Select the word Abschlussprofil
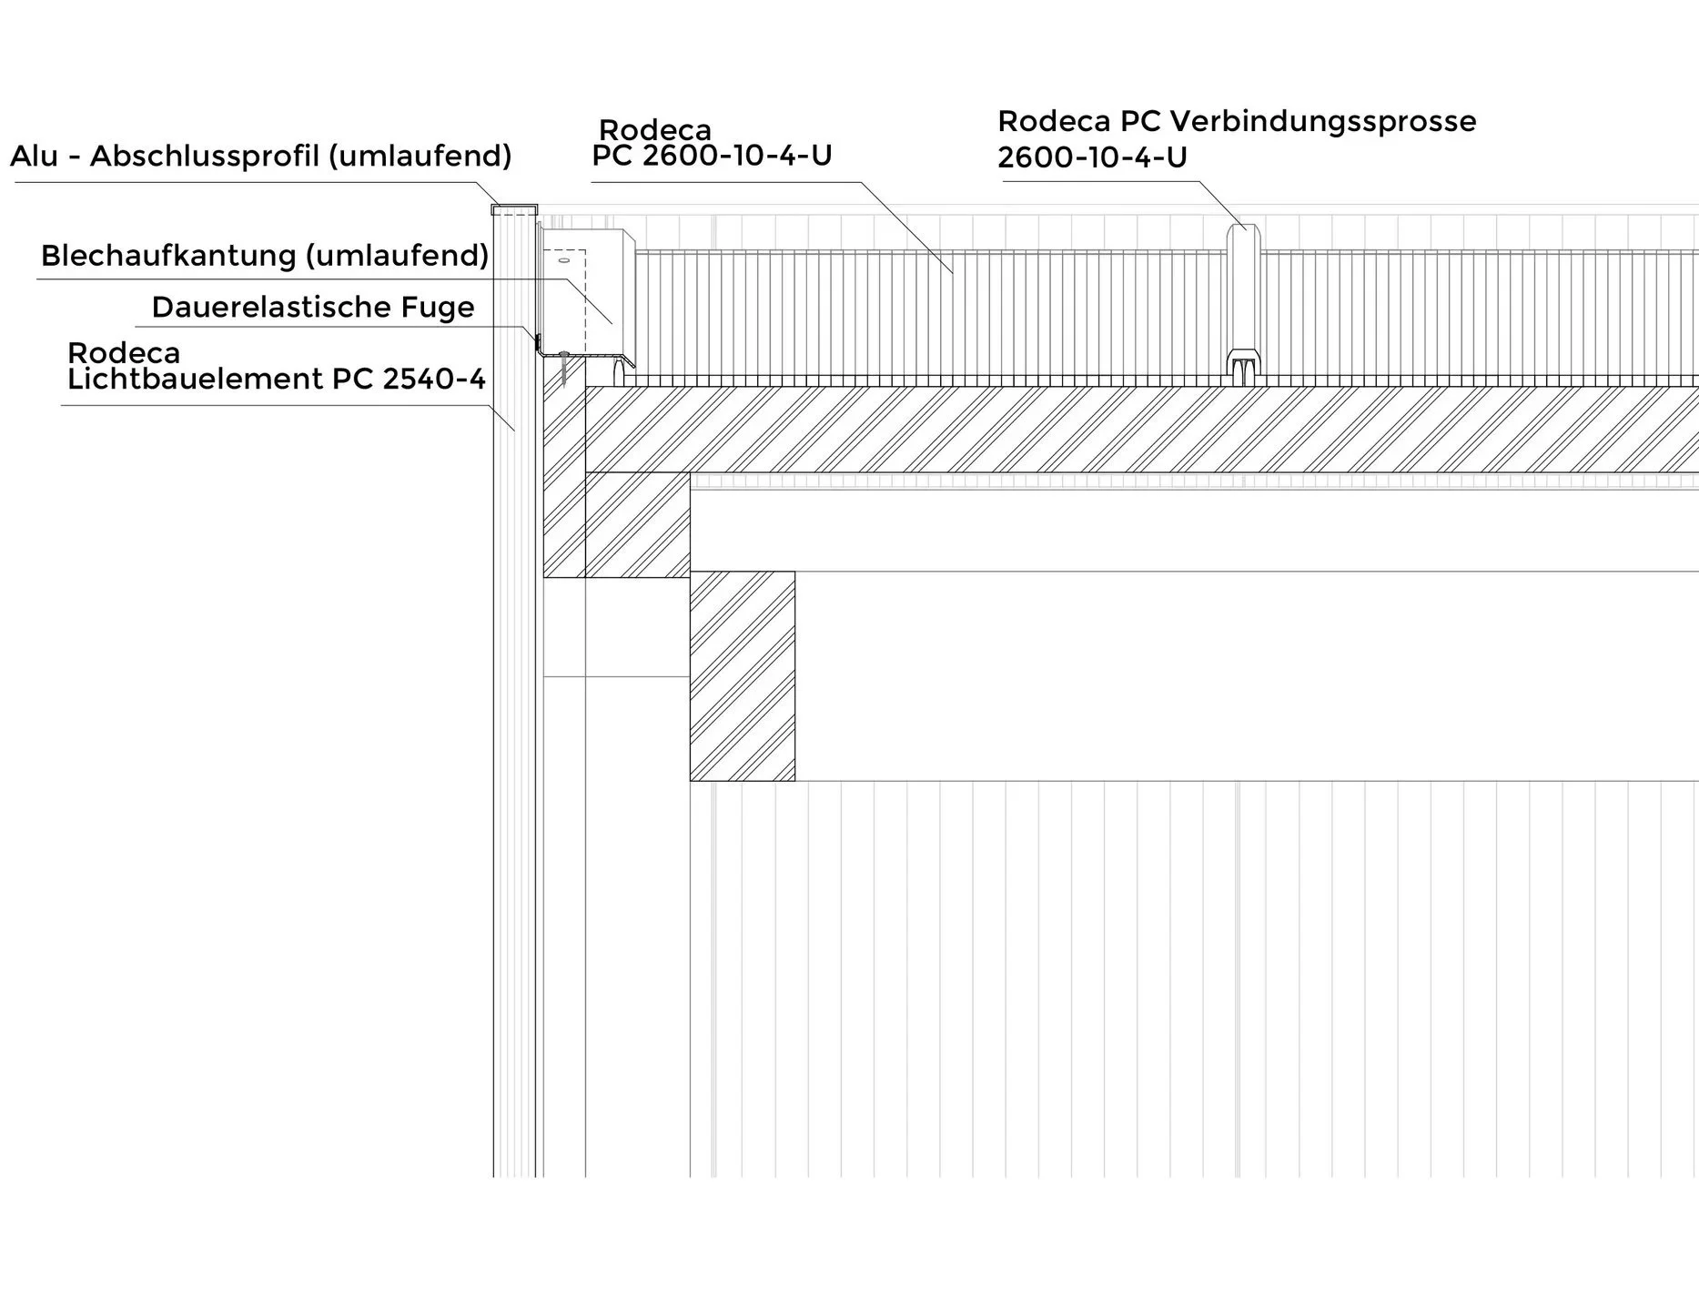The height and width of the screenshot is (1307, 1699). point(205,157)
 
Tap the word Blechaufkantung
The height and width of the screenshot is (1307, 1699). point(168,256)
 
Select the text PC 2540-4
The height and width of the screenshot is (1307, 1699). point(410,379)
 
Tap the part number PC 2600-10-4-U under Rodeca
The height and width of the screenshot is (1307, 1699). point(712,156)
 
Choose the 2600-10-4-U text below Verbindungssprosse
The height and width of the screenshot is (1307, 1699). point(1092,157)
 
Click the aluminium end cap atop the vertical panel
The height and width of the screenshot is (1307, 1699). point(514,209)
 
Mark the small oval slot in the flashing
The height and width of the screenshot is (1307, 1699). point(563,260)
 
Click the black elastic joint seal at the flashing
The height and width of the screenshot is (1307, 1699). point(538,342)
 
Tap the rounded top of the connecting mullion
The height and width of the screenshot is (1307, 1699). point(1242,233)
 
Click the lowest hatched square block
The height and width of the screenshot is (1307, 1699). point(742,675)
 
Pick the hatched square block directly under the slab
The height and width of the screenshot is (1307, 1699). point(637,524)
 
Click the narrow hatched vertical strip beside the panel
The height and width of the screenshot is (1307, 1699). point(563,482)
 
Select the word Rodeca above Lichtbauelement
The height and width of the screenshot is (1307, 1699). point(124,353)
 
